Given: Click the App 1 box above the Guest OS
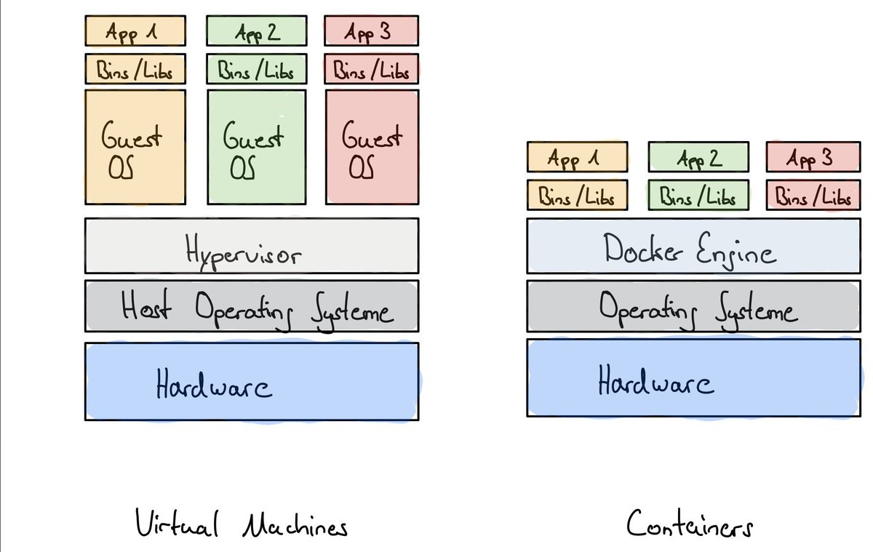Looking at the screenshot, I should coord(135,31).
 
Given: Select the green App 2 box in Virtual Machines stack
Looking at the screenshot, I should coord(257,31).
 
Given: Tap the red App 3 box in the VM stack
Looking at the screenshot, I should coord(372,31).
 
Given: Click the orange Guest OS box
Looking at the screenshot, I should coord(135,147).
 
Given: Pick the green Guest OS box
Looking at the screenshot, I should coord(257,147).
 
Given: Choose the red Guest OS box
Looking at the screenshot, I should coord(372,147).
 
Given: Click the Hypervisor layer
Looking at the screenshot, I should coord(252,246).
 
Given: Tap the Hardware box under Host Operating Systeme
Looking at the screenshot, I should coord(252,381).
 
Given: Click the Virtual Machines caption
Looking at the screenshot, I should coord(241,524).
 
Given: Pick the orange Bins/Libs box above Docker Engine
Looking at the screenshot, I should coord(576,196).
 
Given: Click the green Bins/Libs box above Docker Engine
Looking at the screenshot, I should coord(698,196).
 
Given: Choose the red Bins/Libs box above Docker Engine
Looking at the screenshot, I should coord(813,196).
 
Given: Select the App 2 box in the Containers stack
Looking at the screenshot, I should coord(698,157).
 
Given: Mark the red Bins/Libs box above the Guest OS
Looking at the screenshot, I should coord(372,69).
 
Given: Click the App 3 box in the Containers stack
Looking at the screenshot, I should coord(813,157).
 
